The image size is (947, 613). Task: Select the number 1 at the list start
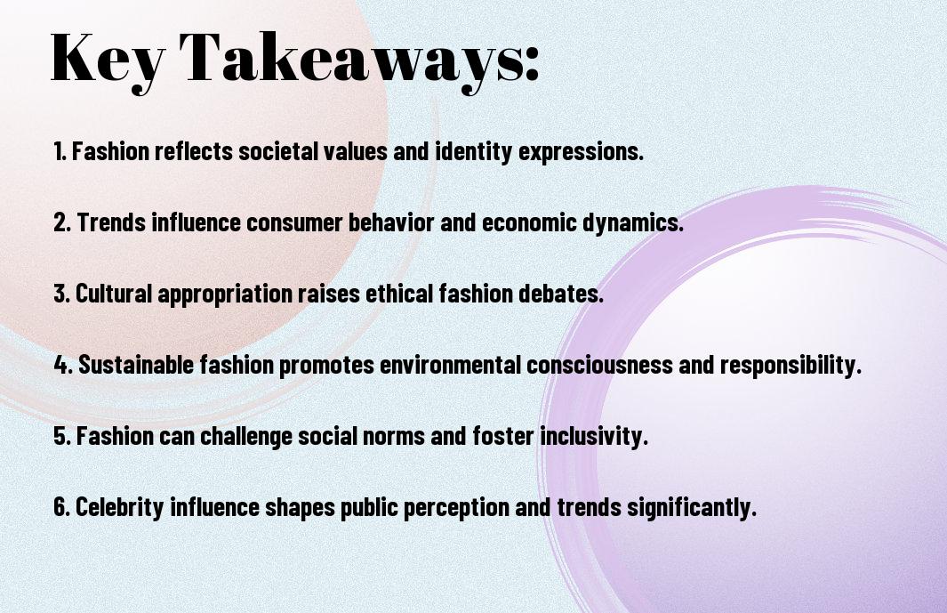[59, 151]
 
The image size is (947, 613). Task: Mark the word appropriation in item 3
[231, 294]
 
